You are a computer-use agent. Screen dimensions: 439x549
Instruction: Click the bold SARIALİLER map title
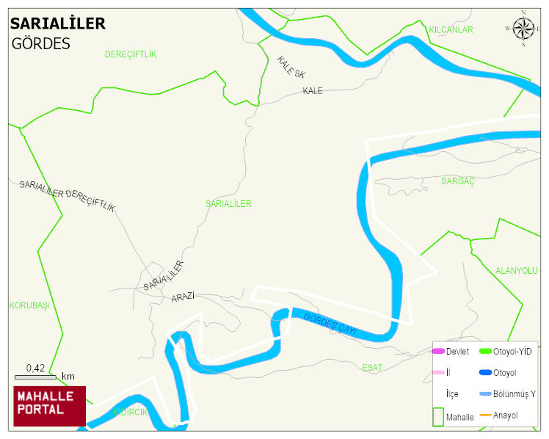point(57,23)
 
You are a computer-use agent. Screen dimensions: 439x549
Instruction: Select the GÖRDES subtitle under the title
point(40,44)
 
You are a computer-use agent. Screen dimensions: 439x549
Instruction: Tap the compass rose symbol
point(523,29)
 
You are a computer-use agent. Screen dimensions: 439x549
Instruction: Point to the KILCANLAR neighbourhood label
point(451,30)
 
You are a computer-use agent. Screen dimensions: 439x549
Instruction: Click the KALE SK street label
point(291,68)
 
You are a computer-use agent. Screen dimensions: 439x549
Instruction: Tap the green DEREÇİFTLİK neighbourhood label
point(131,54)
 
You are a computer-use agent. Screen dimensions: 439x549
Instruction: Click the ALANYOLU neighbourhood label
point(516,271)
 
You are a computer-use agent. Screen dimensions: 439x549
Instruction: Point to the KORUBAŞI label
point(29,305)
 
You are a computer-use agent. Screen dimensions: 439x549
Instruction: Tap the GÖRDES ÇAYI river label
point(329,324)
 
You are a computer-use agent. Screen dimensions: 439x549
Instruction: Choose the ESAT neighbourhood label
point(372,367)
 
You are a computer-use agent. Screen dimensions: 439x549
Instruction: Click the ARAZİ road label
point(182,297)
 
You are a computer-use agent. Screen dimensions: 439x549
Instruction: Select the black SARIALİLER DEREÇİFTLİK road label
point(68,195)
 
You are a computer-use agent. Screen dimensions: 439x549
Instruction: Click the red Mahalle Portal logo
point(49,406)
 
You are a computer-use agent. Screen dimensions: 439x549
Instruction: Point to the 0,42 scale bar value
point(35,368)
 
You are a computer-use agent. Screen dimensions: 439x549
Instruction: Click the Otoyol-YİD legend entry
point(512,352)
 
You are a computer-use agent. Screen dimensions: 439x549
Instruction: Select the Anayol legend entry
point(505,416)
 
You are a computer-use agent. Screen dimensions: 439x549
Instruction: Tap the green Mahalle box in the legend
point(438,416)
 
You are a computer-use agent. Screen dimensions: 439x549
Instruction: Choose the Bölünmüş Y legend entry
point(514,394)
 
